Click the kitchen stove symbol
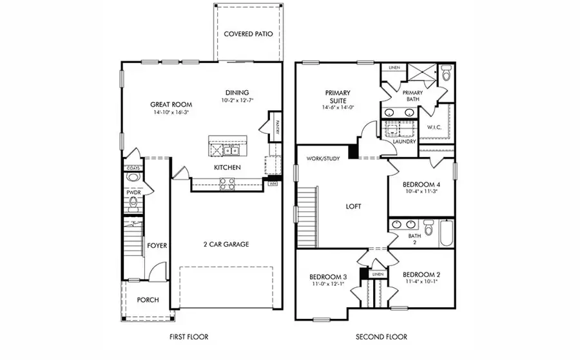point(228,183)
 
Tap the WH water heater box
point(273,184)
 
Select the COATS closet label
point(133,168)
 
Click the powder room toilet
point(133,204)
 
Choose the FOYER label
point(157,245)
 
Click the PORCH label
point(148,300)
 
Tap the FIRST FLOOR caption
point(189,337)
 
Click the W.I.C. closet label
point(434,128)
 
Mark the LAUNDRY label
point(405,142)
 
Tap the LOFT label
point(353,207)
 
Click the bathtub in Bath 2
point(448,232)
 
